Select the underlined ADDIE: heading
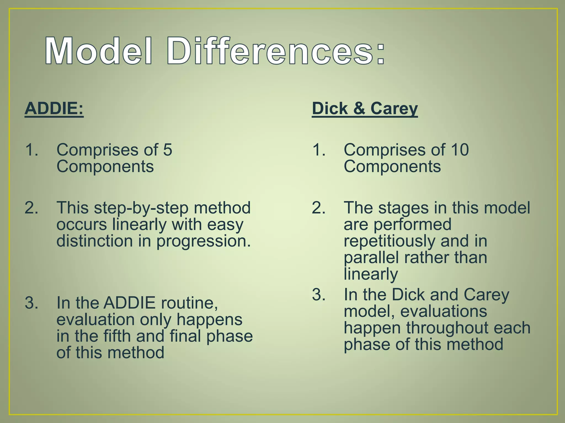[54, 108]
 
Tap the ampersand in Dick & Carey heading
[359, 108]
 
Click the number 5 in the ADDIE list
[167, 150]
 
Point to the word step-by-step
[141, 208]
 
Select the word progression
[204, 241]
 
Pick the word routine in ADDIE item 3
[190, 303]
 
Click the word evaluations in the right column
[443, 311]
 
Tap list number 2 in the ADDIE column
[31, 208]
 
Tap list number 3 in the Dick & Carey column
[319, 295]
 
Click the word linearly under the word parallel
[371, 274]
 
